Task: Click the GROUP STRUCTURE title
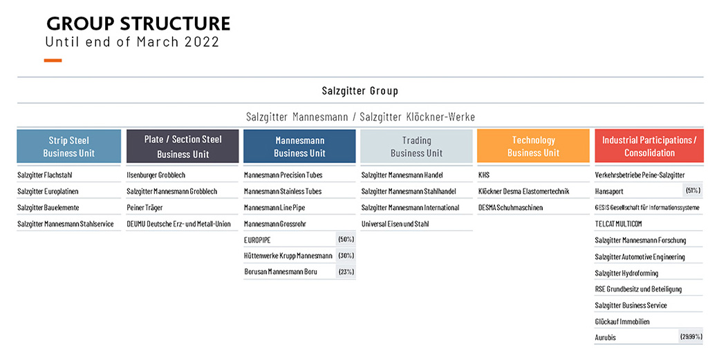click(x=138, y=23)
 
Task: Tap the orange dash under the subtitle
click(x=53, y=60)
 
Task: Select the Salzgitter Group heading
click(x=360, y=91)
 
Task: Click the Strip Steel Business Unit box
click(x=68, y=146)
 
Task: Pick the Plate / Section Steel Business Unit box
click(x=183, y=146)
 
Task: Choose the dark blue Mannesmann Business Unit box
click(x=299, y=146)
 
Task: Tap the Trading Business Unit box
click(x=416, y=146)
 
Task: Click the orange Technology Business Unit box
click(x=533, y=146)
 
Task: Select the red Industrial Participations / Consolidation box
click(x=649, y=146)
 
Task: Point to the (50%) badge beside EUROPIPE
click(x=346, y=240)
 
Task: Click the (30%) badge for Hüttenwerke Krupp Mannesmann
click(x=346, y=256)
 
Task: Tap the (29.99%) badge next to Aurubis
click(x=691, y=337)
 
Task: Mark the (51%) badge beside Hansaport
click(x=693, y=191)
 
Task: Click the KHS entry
click(x=484, y=175)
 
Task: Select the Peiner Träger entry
click(x=145, y=207)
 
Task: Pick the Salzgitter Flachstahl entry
click(x=45, y=175)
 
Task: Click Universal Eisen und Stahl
click(x=395, y=224)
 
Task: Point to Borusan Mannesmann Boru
click(x=281, y=272)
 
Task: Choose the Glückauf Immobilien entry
click(x=622, y=321)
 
